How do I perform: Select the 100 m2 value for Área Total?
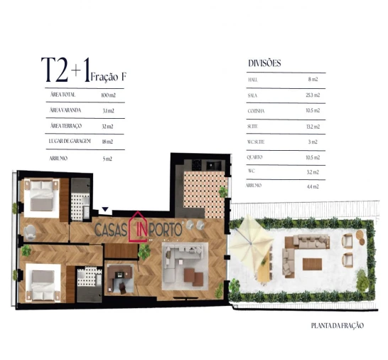pyautogui.click(x=107, y=94)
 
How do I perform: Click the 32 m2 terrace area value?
pyautogui.click(x=107, y=126)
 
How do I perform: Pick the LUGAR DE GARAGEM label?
pyautogui.click(x=70, y=142)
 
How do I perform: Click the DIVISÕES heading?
pyautogui.click(x=265, y=63)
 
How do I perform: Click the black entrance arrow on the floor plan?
pyautogui.click(x=106, y=209)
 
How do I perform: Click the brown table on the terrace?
pyautogui.click(x=312, y=263)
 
